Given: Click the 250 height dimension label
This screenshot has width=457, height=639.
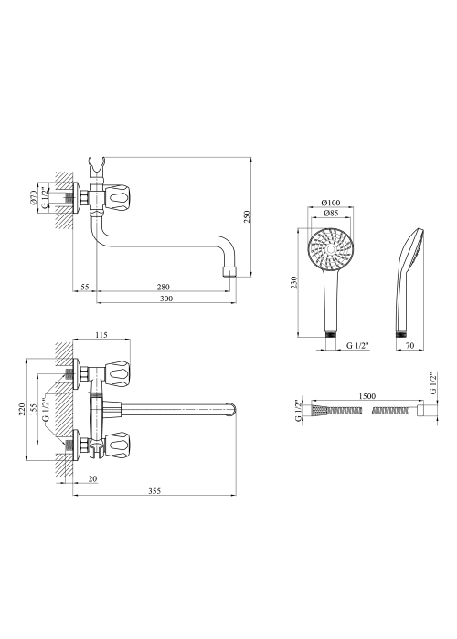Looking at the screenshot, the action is (x=246, y=217).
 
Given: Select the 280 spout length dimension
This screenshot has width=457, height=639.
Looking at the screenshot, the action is (x=164, y=288).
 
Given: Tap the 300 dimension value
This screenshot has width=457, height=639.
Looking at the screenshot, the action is (x=166, y=299).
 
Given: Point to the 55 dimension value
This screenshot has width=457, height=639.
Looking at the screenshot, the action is (x=84, y=288).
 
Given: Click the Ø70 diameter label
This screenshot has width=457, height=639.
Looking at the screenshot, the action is (x=34, y=197).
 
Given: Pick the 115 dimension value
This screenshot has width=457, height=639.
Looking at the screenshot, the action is (x=101, y=335).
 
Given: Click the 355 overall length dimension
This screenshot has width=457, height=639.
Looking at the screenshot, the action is (x=154, y=491).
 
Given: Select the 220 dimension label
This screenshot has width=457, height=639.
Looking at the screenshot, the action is (x=22, y=409).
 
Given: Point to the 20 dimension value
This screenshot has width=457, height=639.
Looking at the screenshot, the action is (x=93, y=479).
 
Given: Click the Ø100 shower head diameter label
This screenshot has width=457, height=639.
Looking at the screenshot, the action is (x=331, y=203).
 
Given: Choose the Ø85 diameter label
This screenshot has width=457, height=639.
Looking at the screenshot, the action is (x=330, y=214).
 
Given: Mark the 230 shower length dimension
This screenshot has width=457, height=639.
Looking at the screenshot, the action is (x=294, y=282).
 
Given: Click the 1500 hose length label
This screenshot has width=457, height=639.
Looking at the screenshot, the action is (x=367, y=396).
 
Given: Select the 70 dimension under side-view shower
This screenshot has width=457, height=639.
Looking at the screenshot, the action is (x=410, y=346).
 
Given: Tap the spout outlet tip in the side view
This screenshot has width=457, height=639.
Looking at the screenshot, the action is (x=229, y=272).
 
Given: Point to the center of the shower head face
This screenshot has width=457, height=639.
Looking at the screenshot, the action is (x=330, y=249).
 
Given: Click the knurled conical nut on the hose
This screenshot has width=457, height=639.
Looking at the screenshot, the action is (x=317, y=410).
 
